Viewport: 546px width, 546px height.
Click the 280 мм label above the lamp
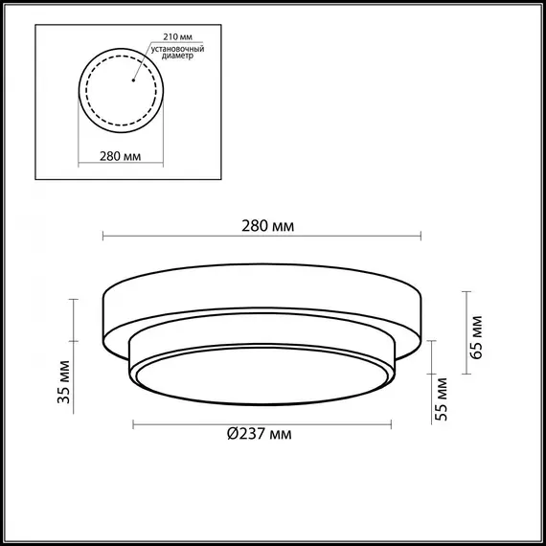(x=268, y=226)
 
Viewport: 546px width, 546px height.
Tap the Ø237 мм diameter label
(x=260, y=434)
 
